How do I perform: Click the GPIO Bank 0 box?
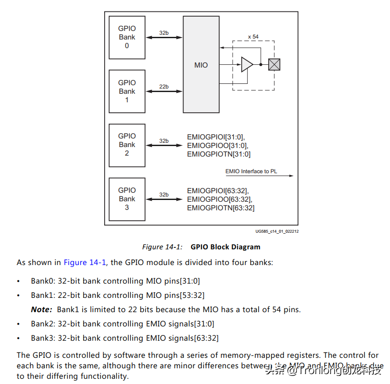coord(127,38)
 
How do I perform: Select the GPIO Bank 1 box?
coord(127,91)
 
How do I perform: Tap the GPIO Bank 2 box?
coord(127,145)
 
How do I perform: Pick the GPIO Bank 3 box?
coord(127,199)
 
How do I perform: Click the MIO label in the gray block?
coord(201,65)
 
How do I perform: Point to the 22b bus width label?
coord(164,87)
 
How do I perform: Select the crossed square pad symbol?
coord(274,64)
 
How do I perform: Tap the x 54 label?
coord(253,37)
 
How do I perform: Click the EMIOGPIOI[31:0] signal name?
coord(215,137)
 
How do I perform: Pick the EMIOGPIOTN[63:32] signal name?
coord(221,208)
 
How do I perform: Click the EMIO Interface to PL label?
coord(251,171)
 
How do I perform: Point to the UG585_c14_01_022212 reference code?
coord(277,232)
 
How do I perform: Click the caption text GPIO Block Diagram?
coord(225,247)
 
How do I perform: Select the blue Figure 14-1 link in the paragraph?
coord(85,263)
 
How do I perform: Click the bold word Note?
coord(41,309)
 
